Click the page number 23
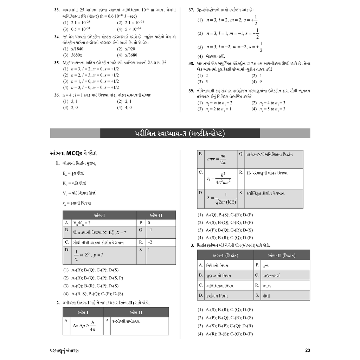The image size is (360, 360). point(308,350)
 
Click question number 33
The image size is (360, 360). point(57,9)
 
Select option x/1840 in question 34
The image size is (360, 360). point(77,49)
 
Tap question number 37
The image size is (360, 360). point(191,9)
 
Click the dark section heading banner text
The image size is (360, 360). point(180,134)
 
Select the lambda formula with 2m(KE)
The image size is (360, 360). point(222,198)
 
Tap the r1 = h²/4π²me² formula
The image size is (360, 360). point(219,179)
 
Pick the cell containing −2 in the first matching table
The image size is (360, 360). point(150,242)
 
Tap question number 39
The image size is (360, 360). point(191,91)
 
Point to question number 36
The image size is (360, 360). point(57,95)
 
